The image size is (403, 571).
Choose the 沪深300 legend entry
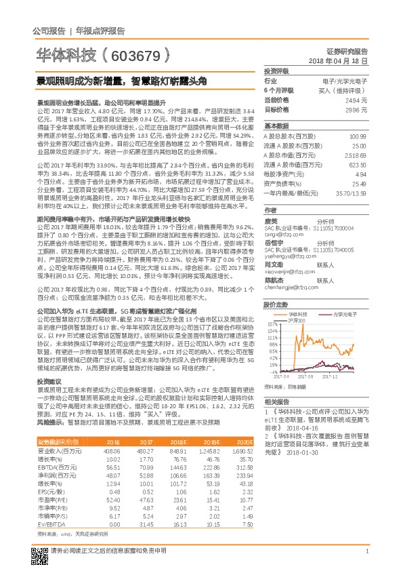(298, 320)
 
